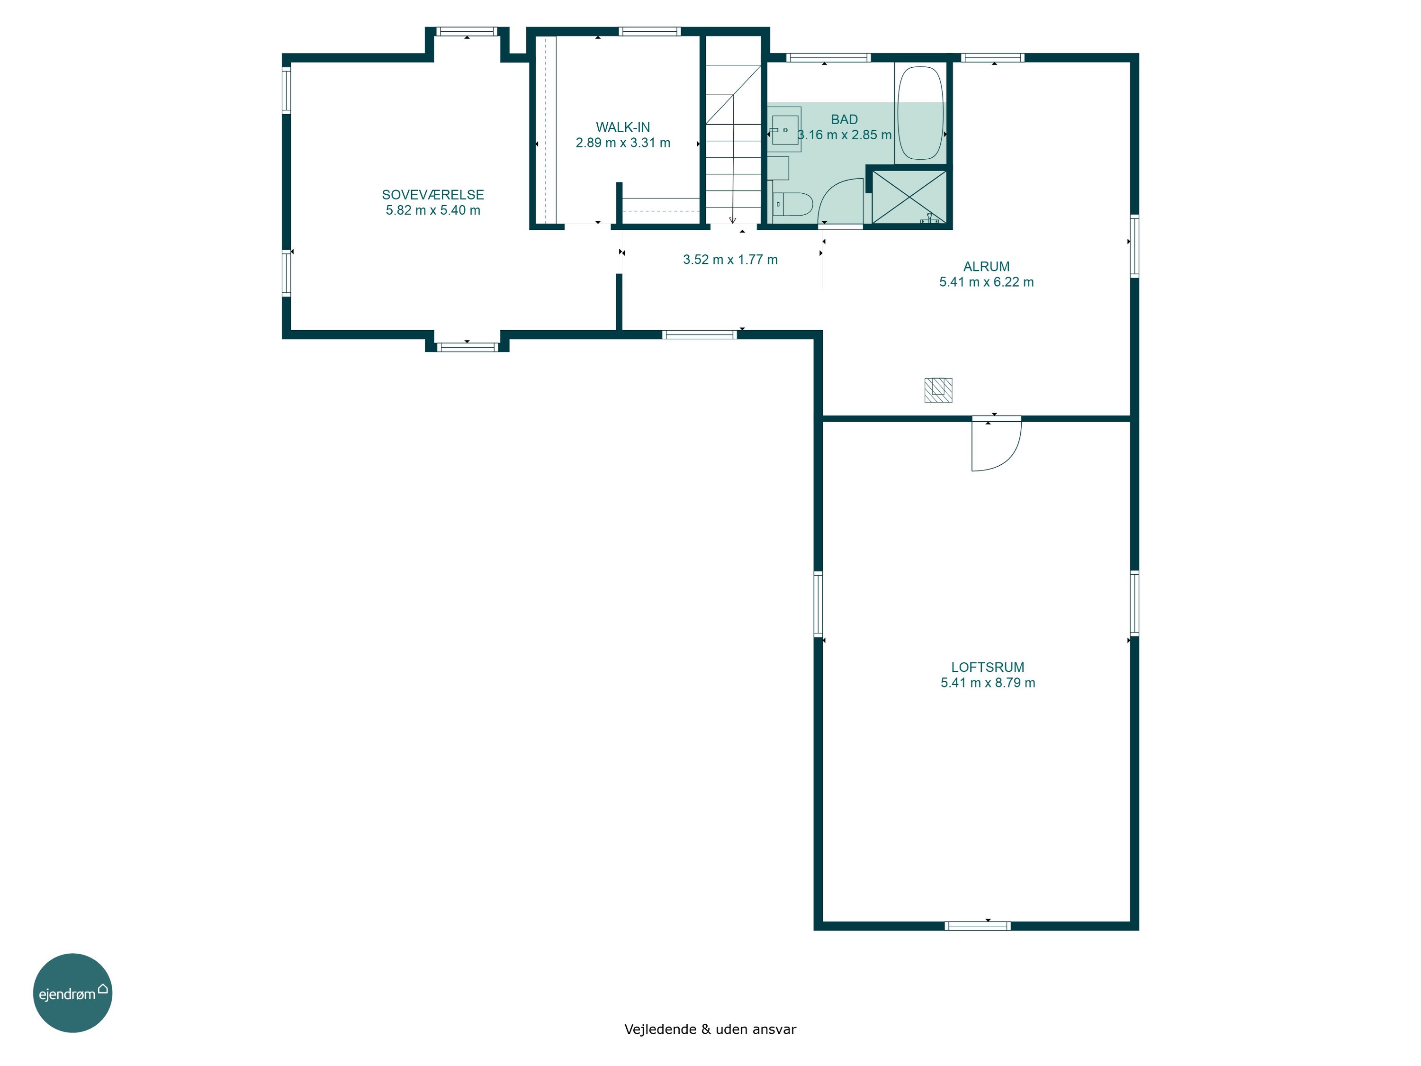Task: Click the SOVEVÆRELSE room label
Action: click(x=432, y=195)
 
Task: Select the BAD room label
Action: click(x=844, y=119)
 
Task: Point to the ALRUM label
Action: click(x=986, y=267)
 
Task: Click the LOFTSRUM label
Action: click(x=988, y=668)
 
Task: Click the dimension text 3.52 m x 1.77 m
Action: click(x=730, y=260)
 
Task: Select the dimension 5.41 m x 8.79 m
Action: click(x=988, y=683)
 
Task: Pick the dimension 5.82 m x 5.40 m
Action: click(x=432, y=210)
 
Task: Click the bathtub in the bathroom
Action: click(x=920, y=113)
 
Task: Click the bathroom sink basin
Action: click(x=784, y=130)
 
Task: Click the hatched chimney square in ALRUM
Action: click(x=938, y=390)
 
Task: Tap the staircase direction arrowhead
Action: click(x=732, y=220)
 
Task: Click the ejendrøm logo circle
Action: click(x=72, y=993)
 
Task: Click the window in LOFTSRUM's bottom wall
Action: click(x=977, y=926)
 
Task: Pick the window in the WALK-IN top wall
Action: click(x=649, y=31)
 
